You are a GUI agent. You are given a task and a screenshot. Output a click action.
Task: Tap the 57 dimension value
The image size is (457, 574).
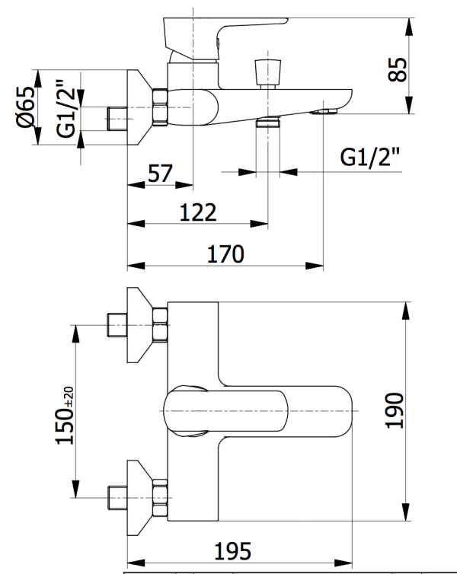coord(159,174)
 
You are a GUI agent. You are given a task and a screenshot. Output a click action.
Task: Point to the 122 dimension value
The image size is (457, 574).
coord(198,212)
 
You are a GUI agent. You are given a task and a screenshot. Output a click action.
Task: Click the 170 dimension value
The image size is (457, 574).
coord(225,253)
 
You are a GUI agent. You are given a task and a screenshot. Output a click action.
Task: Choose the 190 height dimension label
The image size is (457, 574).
coord(394,412)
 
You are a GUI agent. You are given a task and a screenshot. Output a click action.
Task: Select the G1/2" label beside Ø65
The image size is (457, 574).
coord(68,109)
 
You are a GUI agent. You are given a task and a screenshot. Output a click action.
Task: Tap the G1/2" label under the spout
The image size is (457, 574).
coord(370,158)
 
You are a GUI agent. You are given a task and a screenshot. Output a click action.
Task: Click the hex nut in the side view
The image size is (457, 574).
coord(160,107)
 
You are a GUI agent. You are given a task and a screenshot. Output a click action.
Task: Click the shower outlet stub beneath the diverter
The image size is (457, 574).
coord(267,122)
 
